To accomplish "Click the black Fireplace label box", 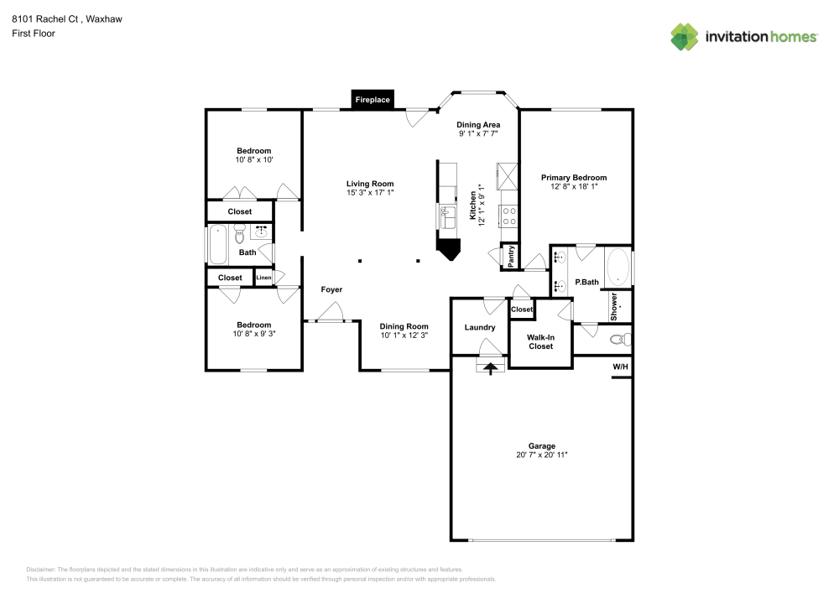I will point(373,100).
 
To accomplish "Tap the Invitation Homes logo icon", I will point(684,36).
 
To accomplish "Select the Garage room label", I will point(541,446).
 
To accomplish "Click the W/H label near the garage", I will point(620,367).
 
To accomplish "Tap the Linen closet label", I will point(263,278).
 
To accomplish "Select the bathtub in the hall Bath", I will point(217,244).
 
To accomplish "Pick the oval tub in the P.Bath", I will point(618,267).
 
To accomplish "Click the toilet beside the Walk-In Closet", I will point(619,340).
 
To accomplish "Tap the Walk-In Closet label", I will point(541,341).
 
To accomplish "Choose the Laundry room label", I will point(480,327).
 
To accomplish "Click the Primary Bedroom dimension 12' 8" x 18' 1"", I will point(574,186).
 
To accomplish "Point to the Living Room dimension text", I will point(370,192).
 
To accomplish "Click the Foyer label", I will point(331,289).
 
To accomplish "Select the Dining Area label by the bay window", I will point(478,125).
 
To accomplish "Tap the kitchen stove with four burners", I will point(508,216).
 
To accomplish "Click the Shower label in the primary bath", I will point(614,306).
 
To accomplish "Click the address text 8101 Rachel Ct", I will point(47,18).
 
